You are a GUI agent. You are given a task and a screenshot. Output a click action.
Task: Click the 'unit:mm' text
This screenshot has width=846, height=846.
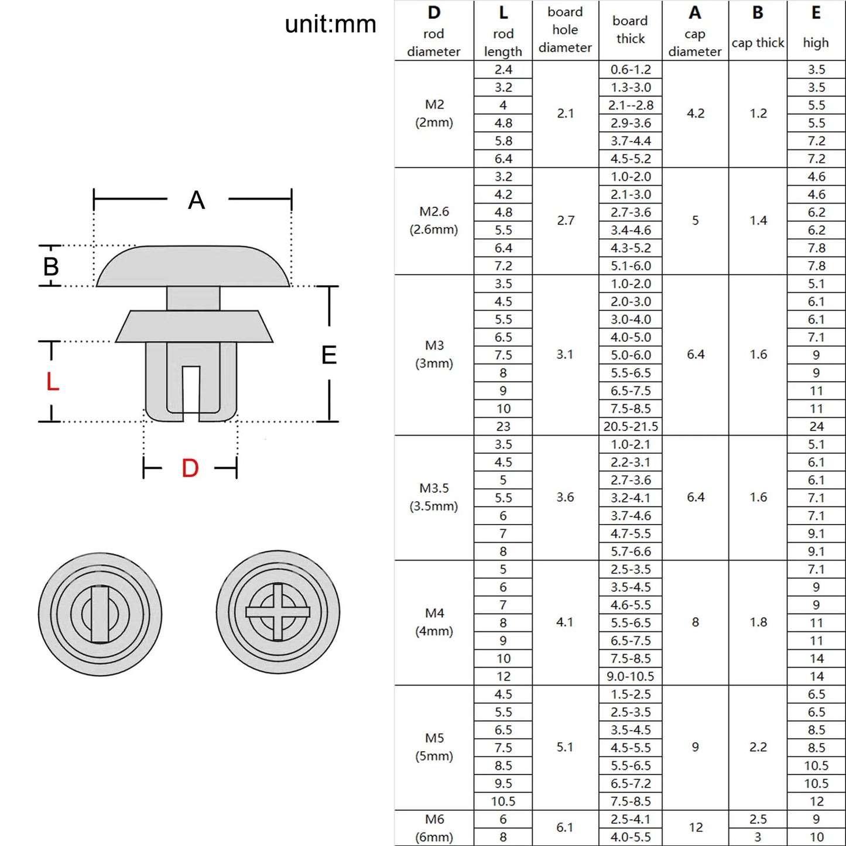click(330, 25)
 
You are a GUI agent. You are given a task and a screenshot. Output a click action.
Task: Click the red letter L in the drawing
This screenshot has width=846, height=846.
click(52, 382)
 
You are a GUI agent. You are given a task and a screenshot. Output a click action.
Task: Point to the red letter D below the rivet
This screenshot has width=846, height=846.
click(190, 468)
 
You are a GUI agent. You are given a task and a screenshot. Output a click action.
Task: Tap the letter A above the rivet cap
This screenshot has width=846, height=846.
click(197, 200)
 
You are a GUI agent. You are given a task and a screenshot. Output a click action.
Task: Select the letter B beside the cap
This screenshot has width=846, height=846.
click(51, 267)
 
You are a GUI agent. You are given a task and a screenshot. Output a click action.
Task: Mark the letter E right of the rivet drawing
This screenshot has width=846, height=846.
click(329, 355)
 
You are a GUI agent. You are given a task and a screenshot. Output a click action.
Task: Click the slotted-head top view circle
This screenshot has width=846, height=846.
click(100, 614)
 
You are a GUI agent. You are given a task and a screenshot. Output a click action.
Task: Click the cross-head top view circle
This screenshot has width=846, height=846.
click(278, 612)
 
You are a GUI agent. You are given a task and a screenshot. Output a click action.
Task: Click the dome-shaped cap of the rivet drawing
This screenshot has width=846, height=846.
click(193, 266)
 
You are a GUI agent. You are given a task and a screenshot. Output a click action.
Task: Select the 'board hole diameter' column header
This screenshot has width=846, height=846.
click(565, 30)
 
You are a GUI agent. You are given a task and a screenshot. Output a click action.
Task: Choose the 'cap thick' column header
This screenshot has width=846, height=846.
click(758, 43)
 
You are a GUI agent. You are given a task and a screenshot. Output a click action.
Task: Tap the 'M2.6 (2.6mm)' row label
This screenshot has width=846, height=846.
click(434, 221)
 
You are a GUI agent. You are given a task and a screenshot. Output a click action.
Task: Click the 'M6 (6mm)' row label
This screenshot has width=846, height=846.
click(434, 828)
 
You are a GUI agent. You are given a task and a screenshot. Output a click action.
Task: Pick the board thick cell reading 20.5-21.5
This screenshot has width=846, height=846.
click(631, 427)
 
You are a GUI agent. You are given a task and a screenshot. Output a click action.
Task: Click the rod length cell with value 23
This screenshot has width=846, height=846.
click(503, 427)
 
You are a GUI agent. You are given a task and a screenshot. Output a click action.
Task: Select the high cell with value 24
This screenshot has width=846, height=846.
click(816, 427)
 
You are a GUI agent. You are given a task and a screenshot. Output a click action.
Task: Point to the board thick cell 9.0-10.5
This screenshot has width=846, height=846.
click(631, 676)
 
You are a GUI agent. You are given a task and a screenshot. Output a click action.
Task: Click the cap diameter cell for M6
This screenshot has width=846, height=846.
click(696, 827)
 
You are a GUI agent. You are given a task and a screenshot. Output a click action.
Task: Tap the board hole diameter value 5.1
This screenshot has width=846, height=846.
click(565, 747)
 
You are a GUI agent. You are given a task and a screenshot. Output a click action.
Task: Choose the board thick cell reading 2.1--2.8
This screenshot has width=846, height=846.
click(631, 105)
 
